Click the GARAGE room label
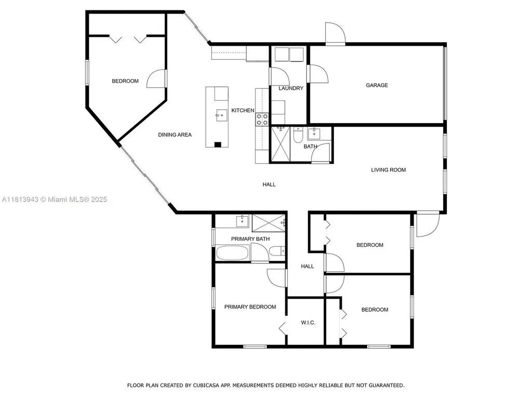[377, 85]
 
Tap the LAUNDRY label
[290, 88]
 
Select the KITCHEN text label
[243, 111]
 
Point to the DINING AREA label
[175, 135]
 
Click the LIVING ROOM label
[388, 170]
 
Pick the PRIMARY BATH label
[250, 239]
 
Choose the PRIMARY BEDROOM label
[250, 307]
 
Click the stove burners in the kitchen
[262, 119]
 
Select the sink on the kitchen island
[221, 115]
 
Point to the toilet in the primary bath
[277, 251]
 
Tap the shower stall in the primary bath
[269, 222]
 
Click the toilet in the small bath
[298, 135]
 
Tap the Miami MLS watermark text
[54, 199]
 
